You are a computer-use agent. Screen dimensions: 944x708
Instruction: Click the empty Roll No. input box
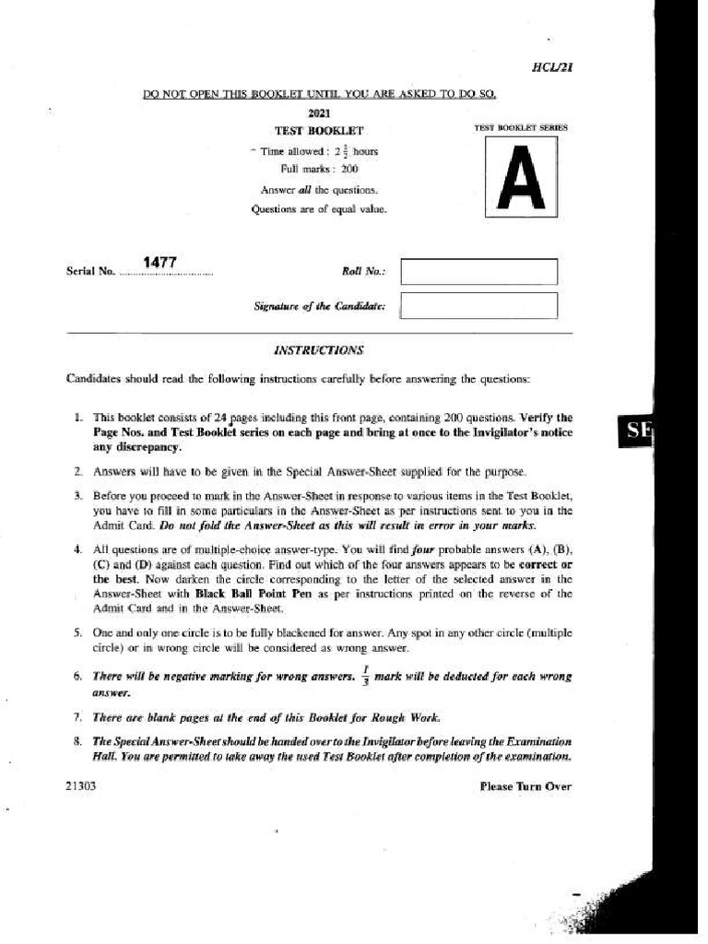[479, 271]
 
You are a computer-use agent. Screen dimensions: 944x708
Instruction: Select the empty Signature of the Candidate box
[479, 305]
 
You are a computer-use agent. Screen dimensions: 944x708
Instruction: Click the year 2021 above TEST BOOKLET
[319, 113]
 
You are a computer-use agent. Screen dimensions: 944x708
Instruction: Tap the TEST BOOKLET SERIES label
[521, 127]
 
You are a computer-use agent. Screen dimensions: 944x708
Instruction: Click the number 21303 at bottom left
[81, 786]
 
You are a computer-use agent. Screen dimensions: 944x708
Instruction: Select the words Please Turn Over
[525, 786]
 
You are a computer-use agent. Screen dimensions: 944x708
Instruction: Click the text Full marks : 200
[319, 169]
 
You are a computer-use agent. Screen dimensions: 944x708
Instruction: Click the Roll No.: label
[363, 272]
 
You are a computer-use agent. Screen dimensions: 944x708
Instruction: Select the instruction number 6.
[77, 677]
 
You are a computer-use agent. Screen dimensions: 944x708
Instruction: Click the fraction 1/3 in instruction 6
[365, 675]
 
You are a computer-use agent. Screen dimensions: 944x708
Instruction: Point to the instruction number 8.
[77, 741]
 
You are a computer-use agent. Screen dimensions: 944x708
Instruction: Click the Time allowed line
[317, 151]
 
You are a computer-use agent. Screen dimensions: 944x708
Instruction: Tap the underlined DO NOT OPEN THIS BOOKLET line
[319, 95]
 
